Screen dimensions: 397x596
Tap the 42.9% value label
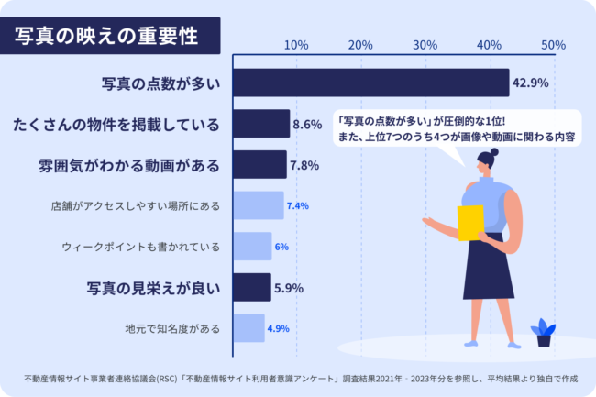tap(530, 83)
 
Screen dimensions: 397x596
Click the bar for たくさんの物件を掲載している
tap(260, 124)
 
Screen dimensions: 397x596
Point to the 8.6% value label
tap(306, 124)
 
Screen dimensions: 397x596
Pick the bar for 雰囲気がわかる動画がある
tap(259, 165)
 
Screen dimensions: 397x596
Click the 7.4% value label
tap(297, 205)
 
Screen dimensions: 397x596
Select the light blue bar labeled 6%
tap(251, 247)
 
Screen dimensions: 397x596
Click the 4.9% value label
tap(278, 328)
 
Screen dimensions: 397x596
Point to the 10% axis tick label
tap(295, 45)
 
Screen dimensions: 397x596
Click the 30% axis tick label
tap(425, 45)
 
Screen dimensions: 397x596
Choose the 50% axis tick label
tap(553, 45)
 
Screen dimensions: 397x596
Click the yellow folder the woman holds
tap(470, 222)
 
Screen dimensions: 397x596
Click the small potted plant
tap(543, 333)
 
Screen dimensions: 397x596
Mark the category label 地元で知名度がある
tap(172, 328)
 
